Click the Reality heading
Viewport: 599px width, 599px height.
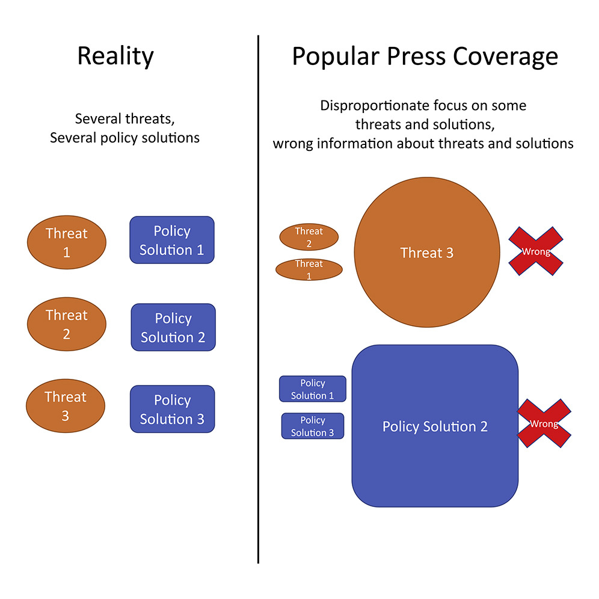pyautogui.click(x=115, y=57)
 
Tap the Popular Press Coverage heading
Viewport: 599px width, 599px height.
pyautogui.click(x=425, y=57)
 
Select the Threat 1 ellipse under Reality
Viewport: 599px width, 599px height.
pyautogui.click(x=67, y=242)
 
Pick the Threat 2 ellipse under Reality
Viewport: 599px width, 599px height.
pyautogui.click(x=67, y=324)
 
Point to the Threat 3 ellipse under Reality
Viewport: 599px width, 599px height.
pyautogui.click(x=66, y=406)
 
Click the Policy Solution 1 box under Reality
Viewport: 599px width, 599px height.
pyautogui.click(x=172, y=240)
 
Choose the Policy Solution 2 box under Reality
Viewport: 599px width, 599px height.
pyautogui.click(x=173, y=327)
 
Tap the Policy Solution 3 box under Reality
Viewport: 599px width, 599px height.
pyautogui.click(x=172, y=409)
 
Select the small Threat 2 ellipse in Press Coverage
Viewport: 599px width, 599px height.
pyautogui.click(x=309, y=237)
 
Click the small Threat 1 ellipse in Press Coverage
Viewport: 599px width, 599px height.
pyautogui.click(x=309, y=269)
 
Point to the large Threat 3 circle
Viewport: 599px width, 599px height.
pyautogui.click(x=427, y=252)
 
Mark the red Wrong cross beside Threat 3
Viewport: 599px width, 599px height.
pyautogui.click(x=536, y=251)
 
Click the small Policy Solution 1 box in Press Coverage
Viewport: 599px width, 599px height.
pyautogui.click(x=313, y=389)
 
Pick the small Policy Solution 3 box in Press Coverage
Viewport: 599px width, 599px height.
pyautogui.click(x=313, y=426)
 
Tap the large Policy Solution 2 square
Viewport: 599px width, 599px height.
pyautogui.click(x=435, y=426)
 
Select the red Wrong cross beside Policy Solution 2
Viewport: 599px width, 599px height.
pyautogui.click(x=544, y=423)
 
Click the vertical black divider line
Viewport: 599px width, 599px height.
pyautogui.click(x=258, y=299)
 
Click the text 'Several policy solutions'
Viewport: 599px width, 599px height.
pyautogui.click(x=124, y=138)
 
